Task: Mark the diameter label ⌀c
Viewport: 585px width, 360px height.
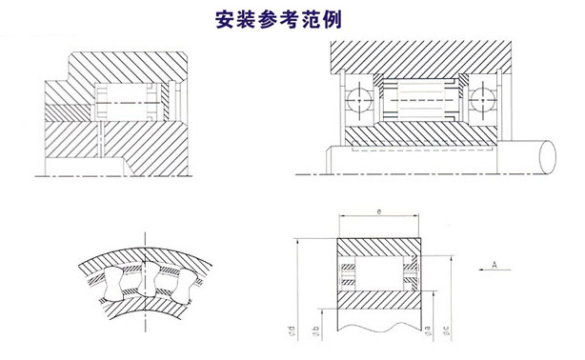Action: [451, 332]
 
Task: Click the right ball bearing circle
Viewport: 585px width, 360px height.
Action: [483, 96]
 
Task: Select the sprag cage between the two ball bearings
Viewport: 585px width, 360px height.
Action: [422, 96]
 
